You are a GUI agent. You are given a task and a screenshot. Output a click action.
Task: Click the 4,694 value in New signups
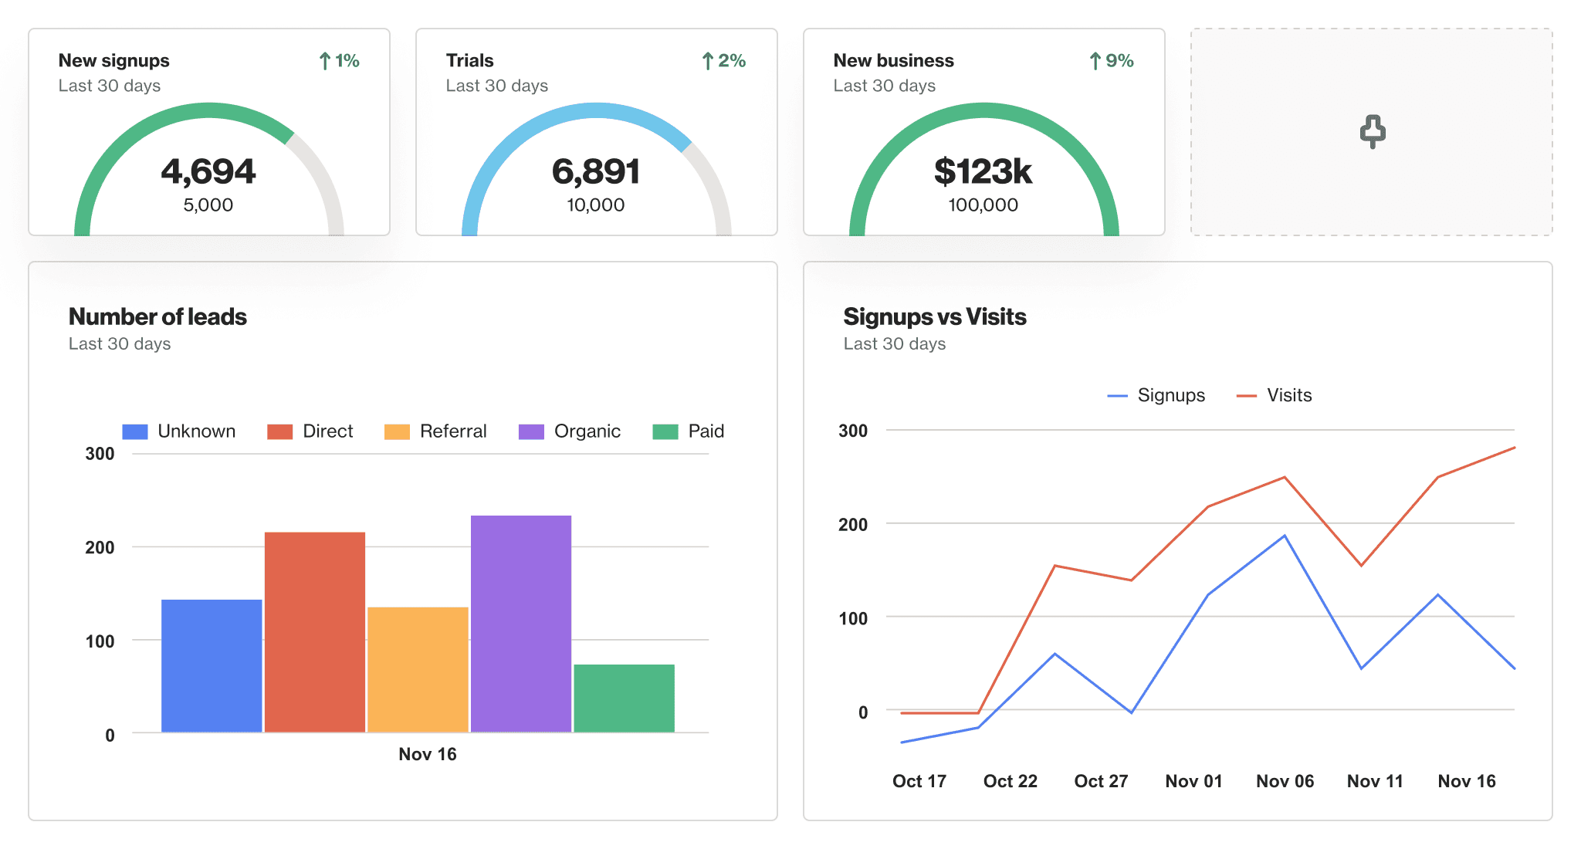[208, 171]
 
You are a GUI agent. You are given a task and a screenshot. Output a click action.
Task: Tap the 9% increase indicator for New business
[1112, 61]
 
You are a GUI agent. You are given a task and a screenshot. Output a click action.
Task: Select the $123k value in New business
[983, 171]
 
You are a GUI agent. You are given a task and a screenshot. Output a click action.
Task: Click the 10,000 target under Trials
[595, 205]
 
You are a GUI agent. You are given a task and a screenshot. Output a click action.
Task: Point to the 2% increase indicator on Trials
[724, 61]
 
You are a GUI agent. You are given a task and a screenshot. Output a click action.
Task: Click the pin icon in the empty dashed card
[1372, 132]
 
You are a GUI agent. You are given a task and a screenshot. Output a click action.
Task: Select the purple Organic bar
[521, 624]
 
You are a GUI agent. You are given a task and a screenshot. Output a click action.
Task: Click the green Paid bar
[624, 698]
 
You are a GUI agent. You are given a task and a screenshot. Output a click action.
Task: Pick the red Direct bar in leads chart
[315, 631]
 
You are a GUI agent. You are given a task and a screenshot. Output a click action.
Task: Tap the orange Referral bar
[418, 669]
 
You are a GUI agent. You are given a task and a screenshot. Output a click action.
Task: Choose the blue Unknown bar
[212, 665]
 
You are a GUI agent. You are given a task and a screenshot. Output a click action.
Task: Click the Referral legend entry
[436, 431]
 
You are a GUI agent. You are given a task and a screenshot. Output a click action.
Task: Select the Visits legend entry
[1275, 395]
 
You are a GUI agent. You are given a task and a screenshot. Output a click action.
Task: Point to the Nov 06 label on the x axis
[1285, 781]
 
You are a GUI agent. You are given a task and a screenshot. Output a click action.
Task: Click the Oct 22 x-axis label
[1010, 781]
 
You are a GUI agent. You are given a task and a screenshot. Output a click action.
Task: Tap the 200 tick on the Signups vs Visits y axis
[853, 525]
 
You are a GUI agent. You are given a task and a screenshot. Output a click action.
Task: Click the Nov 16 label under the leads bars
[428, 754]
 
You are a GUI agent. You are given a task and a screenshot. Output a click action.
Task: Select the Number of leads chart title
[157, 316]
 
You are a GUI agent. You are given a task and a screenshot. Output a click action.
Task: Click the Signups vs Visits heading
[934, 316]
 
